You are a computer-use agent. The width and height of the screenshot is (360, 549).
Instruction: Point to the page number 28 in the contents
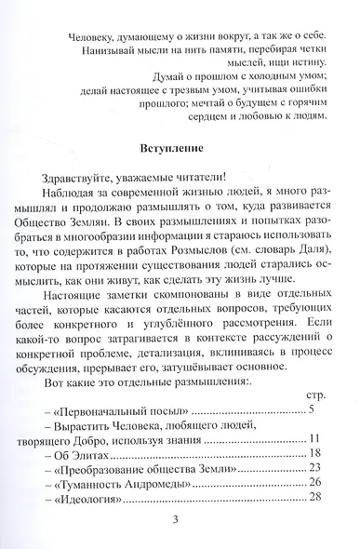[x=313, y=501]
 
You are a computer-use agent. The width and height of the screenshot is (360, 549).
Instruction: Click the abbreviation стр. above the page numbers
[x=313, y=395]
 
